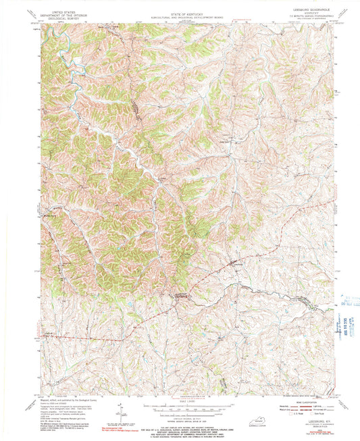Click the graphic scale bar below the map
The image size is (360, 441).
click(x=180, y=405)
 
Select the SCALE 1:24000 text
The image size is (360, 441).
click(x=180, y=400)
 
